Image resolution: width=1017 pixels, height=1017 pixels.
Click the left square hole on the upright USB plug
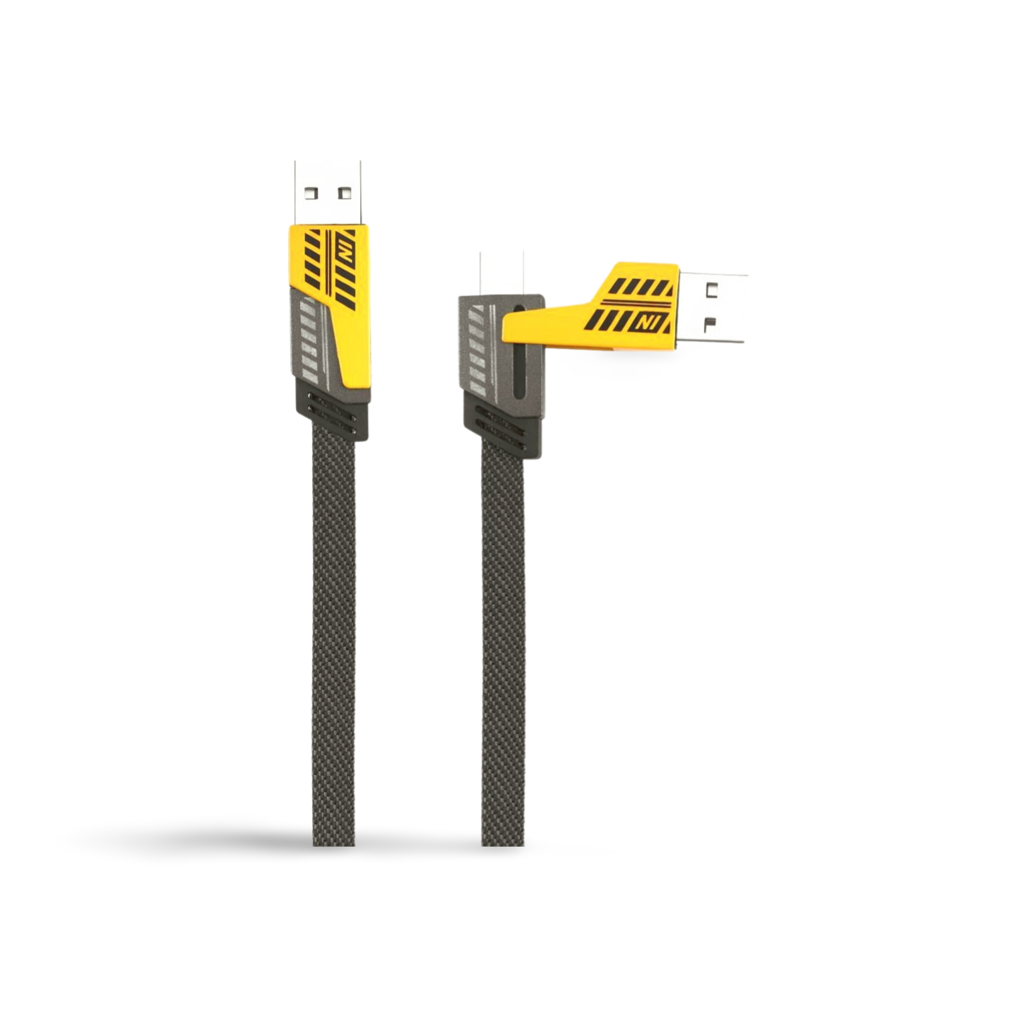[x=314, y=193]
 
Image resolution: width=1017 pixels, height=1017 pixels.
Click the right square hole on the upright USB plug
[x=345, y=193]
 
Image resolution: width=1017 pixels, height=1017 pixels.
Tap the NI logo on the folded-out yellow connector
[x=643, y=322]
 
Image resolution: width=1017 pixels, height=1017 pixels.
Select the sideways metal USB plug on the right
[x=713, y=308]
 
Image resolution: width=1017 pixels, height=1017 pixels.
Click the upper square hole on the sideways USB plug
[x=713, y=290]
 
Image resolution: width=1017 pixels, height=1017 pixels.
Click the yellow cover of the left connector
[x=343, y=295]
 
